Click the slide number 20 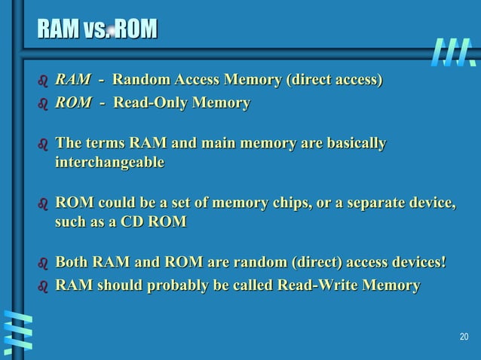pyautogui.click(x=463, y=336)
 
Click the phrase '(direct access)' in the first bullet pyautogui.click(x=333, y=79)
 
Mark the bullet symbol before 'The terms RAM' pyautogui.click(x=42, y=144)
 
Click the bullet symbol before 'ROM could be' pyautogui.click(x=42, y=203)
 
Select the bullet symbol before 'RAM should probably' pyautogui.click(x=42, y=286)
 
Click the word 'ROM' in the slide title pyautogui.click(x=137, y=29)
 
